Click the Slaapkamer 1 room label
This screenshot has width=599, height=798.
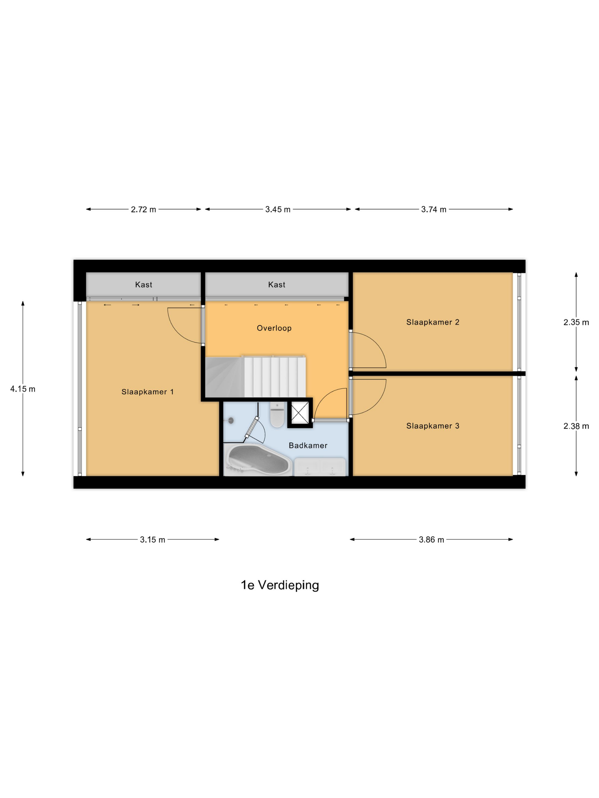[x=147, y=392]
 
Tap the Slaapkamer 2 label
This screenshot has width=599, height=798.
[x=432, y=322]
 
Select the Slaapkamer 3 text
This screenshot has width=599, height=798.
[x=432, y=426]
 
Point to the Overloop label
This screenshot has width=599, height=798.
[x=274, y=328]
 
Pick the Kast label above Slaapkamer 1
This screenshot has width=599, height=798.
[x=143, y=285]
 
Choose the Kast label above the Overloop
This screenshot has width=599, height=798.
[x=277, y=285]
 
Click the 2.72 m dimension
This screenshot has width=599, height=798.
[x=143, y=209]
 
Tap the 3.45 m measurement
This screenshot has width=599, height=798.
[x=278, y=209]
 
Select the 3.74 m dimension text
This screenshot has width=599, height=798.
[x=434, y=209]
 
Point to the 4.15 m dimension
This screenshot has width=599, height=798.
[x=23, y=389]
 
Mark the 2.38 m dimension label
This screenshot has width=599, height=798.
[x=576, y=426]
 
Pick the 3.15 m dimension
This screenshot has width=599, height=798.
[x=152, y=540]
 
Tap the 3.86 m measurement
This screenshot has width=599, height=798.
[x=431, y=540]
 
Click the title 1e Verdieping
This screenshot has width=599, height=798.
[x=280, y=585]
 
